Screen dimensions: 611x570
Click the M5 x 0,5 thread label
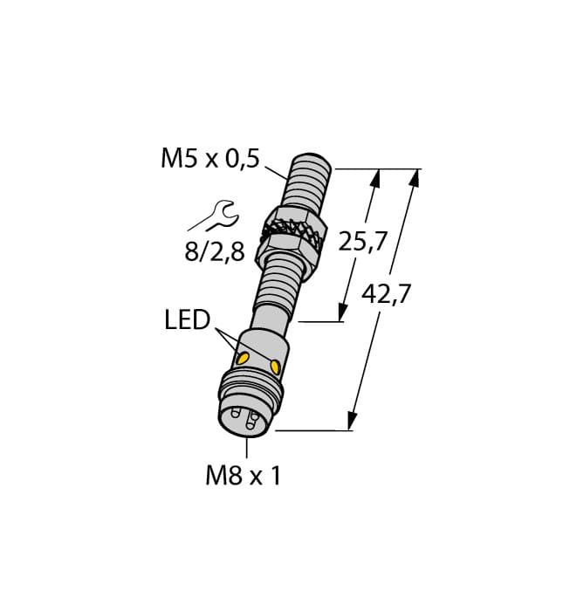[x=209, y=159]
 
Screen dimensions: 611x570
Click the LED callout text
[x=187, y=320]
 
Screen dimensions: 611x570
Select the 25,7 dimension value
[x=362, y=242]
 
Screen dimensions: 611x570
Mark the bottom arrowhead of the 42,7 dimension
[x=352, y=423]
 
